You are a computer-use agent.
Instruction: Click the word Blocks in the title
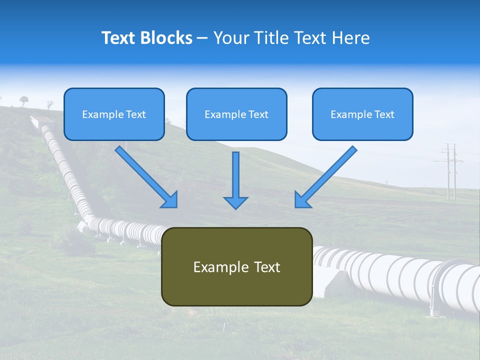pos(166,38)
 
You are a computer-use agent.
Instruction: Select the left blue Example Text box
pos(114,114)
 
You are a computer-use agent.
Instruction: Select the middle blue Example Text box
pos(236,114)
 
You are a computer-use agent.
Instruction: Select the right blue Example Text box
pos(362,114)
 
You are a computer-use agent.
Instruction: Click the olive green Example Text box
pos(236,266)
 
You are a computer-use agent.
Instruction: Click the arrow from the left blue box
pos(145,176)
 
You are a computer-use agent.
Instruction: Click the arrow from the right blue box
pos(326,176)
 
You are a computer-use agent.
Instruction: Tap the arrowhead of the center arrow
pos(235,202)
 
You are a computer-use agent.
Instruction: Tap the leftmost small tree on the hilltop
pos(24,100)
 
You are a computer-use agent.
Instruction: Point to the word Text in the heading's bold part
pos(119,38)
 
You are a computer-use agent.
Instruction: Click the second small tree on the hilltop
pos(49,104)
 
